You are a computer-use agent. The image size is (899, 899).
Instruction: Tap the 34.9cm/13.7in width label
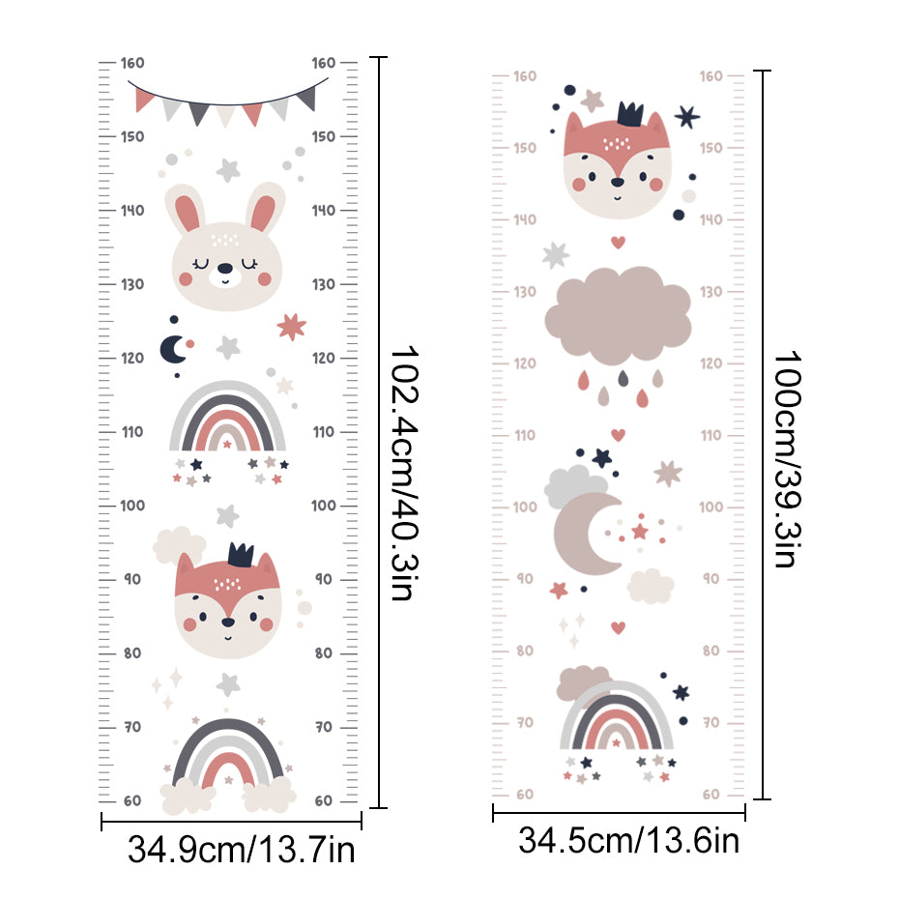[242, 852]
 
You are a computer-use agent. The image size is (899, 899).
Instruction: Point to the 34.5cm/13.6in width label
[629, 841]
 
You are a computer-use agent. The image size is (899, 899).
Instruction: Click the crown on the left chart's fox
[240, 554]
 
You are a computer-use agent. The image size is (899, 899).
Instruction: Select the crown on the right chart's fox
[631, 115]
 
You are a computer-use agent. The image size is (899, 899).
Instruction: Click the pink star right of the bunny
[291, 326]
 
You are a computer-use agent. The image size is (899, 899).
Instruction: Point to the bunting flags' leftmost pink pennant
[146, 98]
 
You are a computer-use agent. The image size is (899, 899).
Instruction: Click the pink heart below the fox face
[618, 242]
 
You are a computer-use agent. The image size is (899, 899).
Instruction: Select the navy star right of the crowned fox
[686, 118]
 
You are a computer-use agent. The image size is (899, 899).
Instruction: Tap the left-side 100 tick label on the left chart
[132, 506]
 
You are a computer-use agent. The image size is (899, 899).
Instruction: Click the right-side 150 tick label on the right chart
[710, 147]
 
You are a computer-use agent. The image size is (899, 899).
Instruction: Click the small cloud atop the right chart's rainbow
[582, 681]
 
